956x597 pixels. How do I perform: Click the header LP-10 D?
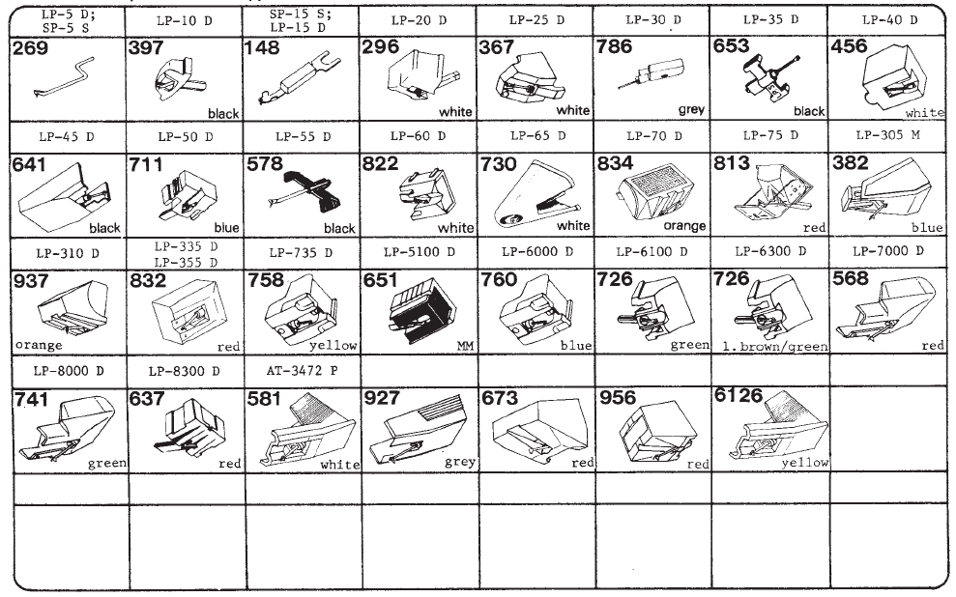(x=184, y=20)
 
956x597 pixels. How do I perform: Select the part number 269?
(x=31, y=47)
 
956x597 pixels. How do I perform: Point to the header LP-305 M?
(x=887, y=134)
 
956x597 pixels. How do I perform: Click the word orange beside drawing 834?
(x=684, y=225)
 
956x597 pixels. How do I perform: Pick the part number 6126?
(x=739, y=395)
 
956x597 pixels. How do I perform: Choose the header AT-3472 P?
(x=302, y=370)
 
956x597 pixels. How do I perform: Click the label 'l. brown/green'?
(x=775, y=347)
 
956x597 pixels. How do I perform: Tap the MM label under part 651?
(x=465, y=346)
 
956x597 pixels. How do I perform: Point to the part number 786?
(x=615, y=46)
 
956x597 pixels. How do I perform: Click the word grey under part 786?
(x=691, y=110)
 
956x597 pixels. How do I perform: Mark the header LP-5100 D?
(x=420, y=251)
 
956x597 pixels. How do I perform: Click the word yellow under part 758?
(x=333, y=346)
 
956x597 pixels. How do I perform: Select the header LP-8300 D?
(x=184, y=371)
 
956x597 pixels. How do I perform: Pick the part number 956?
(x=618, y=398)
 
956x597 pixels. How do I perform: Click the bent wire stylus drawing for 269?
(x=64, y=77)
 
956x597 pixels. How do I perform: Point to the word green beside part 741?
(x=107, y=464)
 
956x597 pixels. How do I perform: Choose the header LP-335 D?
(x=186, y=246)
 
